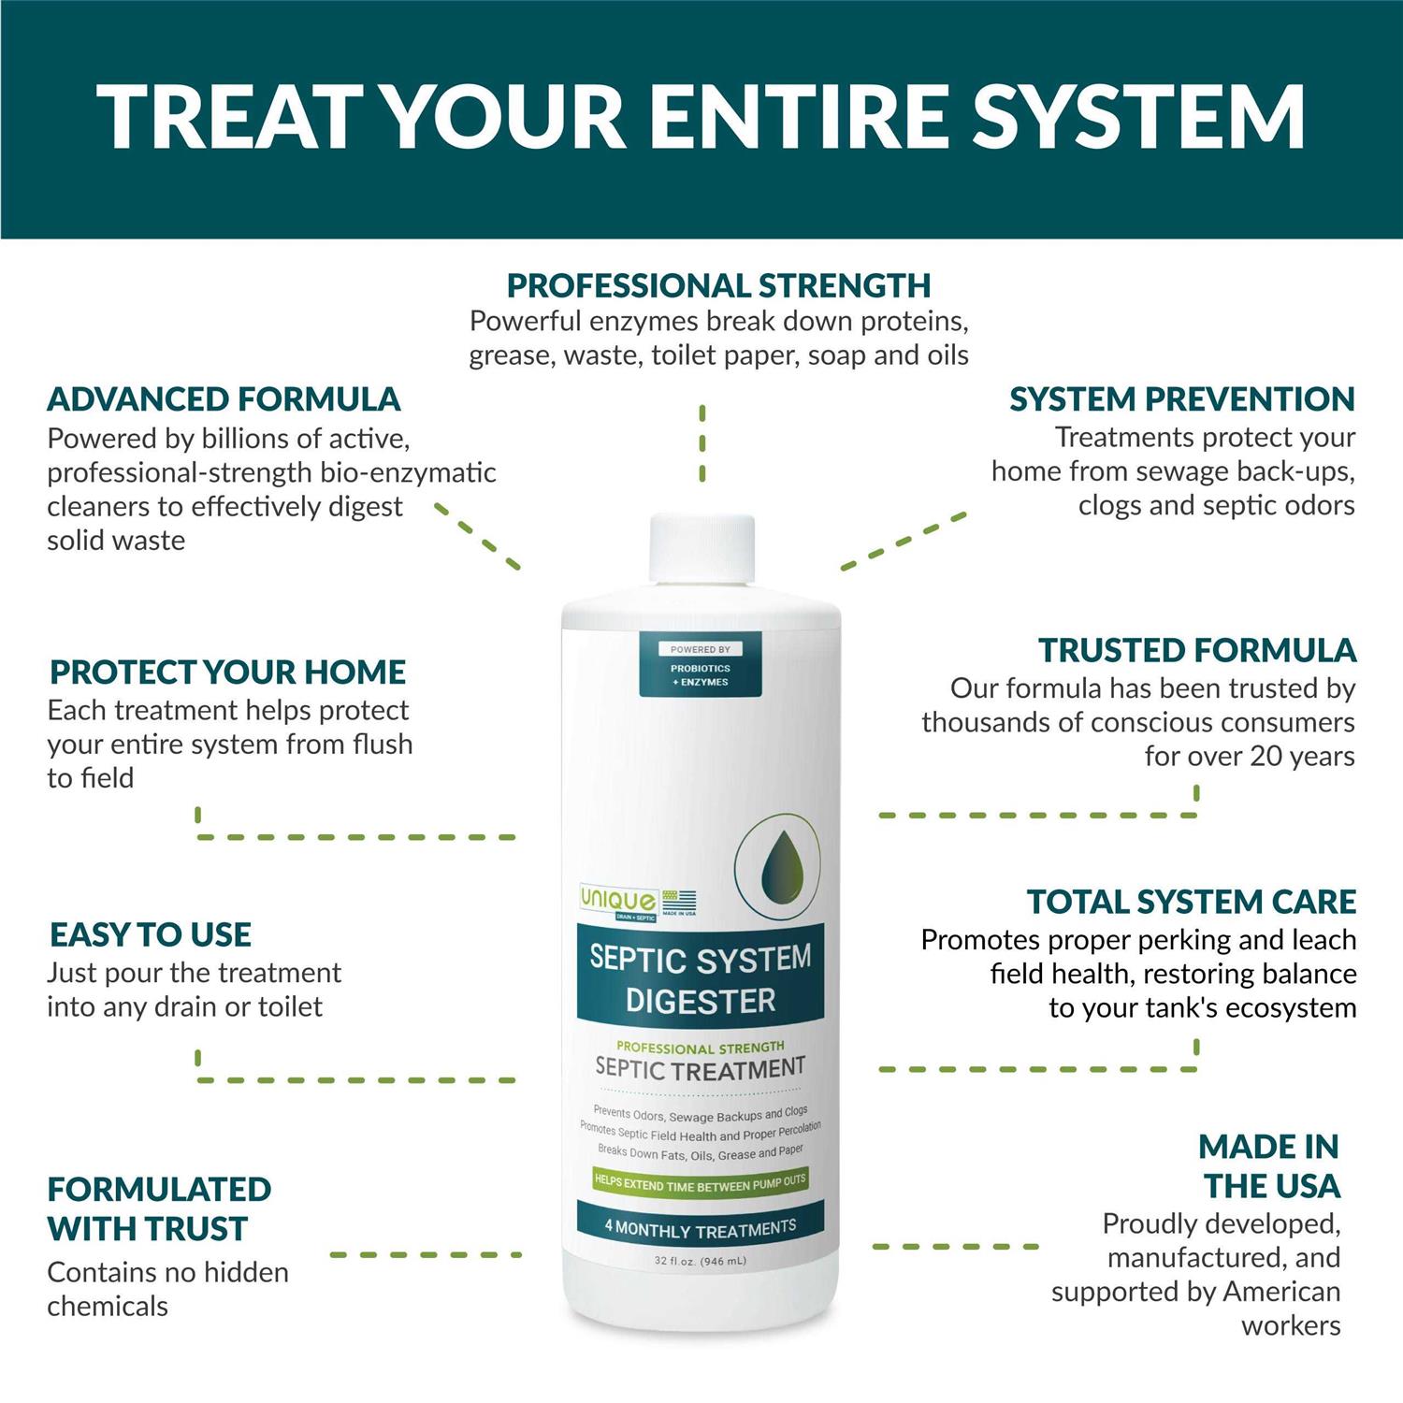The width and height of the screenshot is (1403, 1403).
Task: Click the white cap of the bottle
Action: (x=702, y=547)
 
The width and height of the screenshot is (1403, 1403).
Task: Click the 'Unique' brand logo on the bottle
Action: (x=618, y=900)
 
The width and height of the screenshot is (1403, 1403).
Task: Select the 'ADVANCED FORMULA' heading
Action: (x=224, y=399)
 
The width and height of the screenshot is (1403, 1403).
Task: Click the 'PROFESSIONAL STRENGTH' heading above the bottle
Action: (x=718, y=285)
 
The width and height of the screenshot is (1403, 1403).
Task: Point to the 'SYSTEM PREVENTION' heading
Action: (x=1182, y=399)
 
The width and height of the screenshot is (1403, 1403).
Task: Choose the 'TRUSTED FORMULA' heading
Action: (x=1197, y=650)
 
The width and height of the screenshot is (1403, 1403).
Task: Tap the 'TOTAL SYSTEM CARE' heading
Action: (x=1192, y=902)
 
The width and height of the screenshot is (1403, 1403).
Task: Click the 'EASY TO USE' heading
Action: (x=151, y=934)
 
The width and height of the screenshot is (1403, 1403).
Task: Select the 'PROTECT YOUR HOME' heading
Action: (x=227, y=672)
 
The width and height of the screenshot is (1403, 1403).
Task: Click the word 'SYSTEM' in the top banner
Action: (x=1139, y=117)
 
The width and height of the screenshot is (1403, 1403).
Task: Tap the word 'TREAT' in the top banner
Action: (x=229, y=117)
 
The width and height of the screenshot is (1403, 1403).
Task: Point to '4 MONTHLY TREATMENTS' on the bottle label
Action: (x=701, y=1228)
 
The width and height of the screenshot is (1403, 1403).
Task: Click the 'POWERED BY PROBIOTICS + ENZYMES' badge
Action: (x=701, y=664)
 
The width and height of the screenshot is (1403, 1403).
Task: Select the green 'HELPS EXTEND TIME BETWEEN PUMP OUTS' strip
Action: (x=701, y=1182)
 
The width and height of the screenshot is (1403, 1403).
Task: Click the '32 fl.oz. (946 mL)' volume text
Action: (x=701, y=1261)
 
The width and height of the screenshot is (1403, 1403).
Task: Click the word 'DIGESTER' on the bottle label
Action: (x=701, y=1001)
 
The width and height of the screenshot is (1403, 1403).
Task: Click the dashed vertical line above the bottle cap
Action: (x=702, y=443)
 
